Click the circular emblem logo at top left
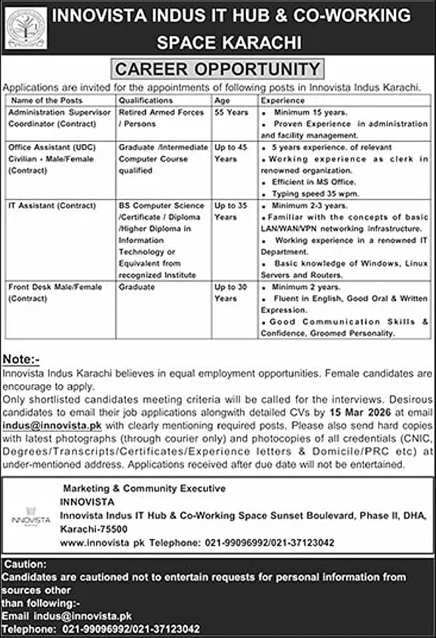(x=26, y=28)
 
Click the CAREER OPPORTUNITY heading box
(x=217, y=69)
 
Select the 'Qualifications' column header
(x=145, y=100)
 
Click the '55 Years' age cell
(x=231, y=112)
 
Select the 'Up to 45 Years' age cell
(x=231, y=153)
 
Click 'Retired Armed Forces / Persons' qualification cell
(x=160, y=118)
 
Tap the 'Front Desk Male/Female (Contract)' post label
(x=45, y=292)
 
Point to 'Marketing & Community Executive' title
(x=144, y=489)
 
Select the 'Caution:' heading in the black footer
(x=24, y=563)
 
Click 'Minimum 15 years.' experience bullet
(x=310, y=112)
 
